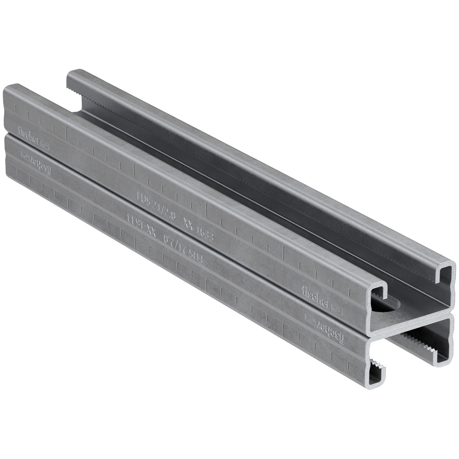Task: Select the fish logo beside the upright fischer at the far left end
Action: pos(45,144)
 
